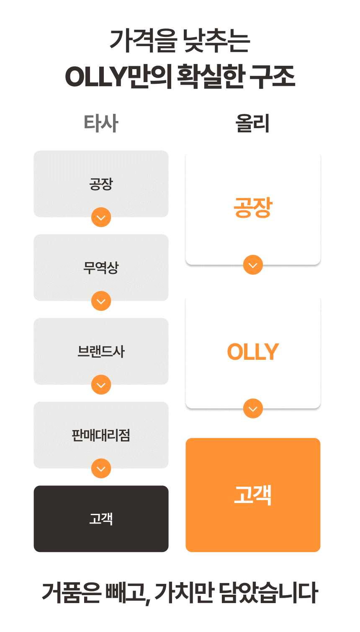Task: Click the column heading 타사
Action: tap(101, 123)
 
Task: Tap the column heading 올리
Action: tap(252, 123)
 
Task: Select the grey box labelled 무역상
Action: tap(101, 267)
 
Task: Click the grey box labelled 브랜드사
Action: tap(101, 351)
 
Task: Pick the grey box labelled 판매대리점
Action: tap(101, 435)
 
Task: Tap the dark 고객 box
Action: tap(101, 518)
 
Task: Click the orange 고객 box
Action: tap(253, 495)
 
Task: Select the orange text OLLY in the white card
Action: tap(253, 352)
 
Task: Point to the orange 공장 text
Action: tap(253, 208)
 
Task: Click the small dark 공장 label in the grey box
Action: tap(101, 184)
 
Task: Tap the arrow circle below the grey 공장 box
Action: tap(101, 217)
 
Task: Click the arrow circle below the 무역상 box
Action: tap(101, 301)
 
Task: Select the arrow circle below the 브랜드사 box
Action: tap(101, 384)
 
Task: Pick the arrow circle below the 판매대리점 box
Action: tap(101, 468)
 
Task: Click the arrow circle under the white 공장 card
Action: tap(253, 265)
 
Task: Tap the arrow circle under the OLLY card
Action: tap(253, 408)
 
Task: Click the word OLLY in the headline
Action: tap(95, 77)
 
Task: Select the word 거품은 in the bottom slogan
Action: tap(71, 593)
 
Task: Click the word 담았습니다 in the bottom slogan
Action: tap(269, 593)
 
